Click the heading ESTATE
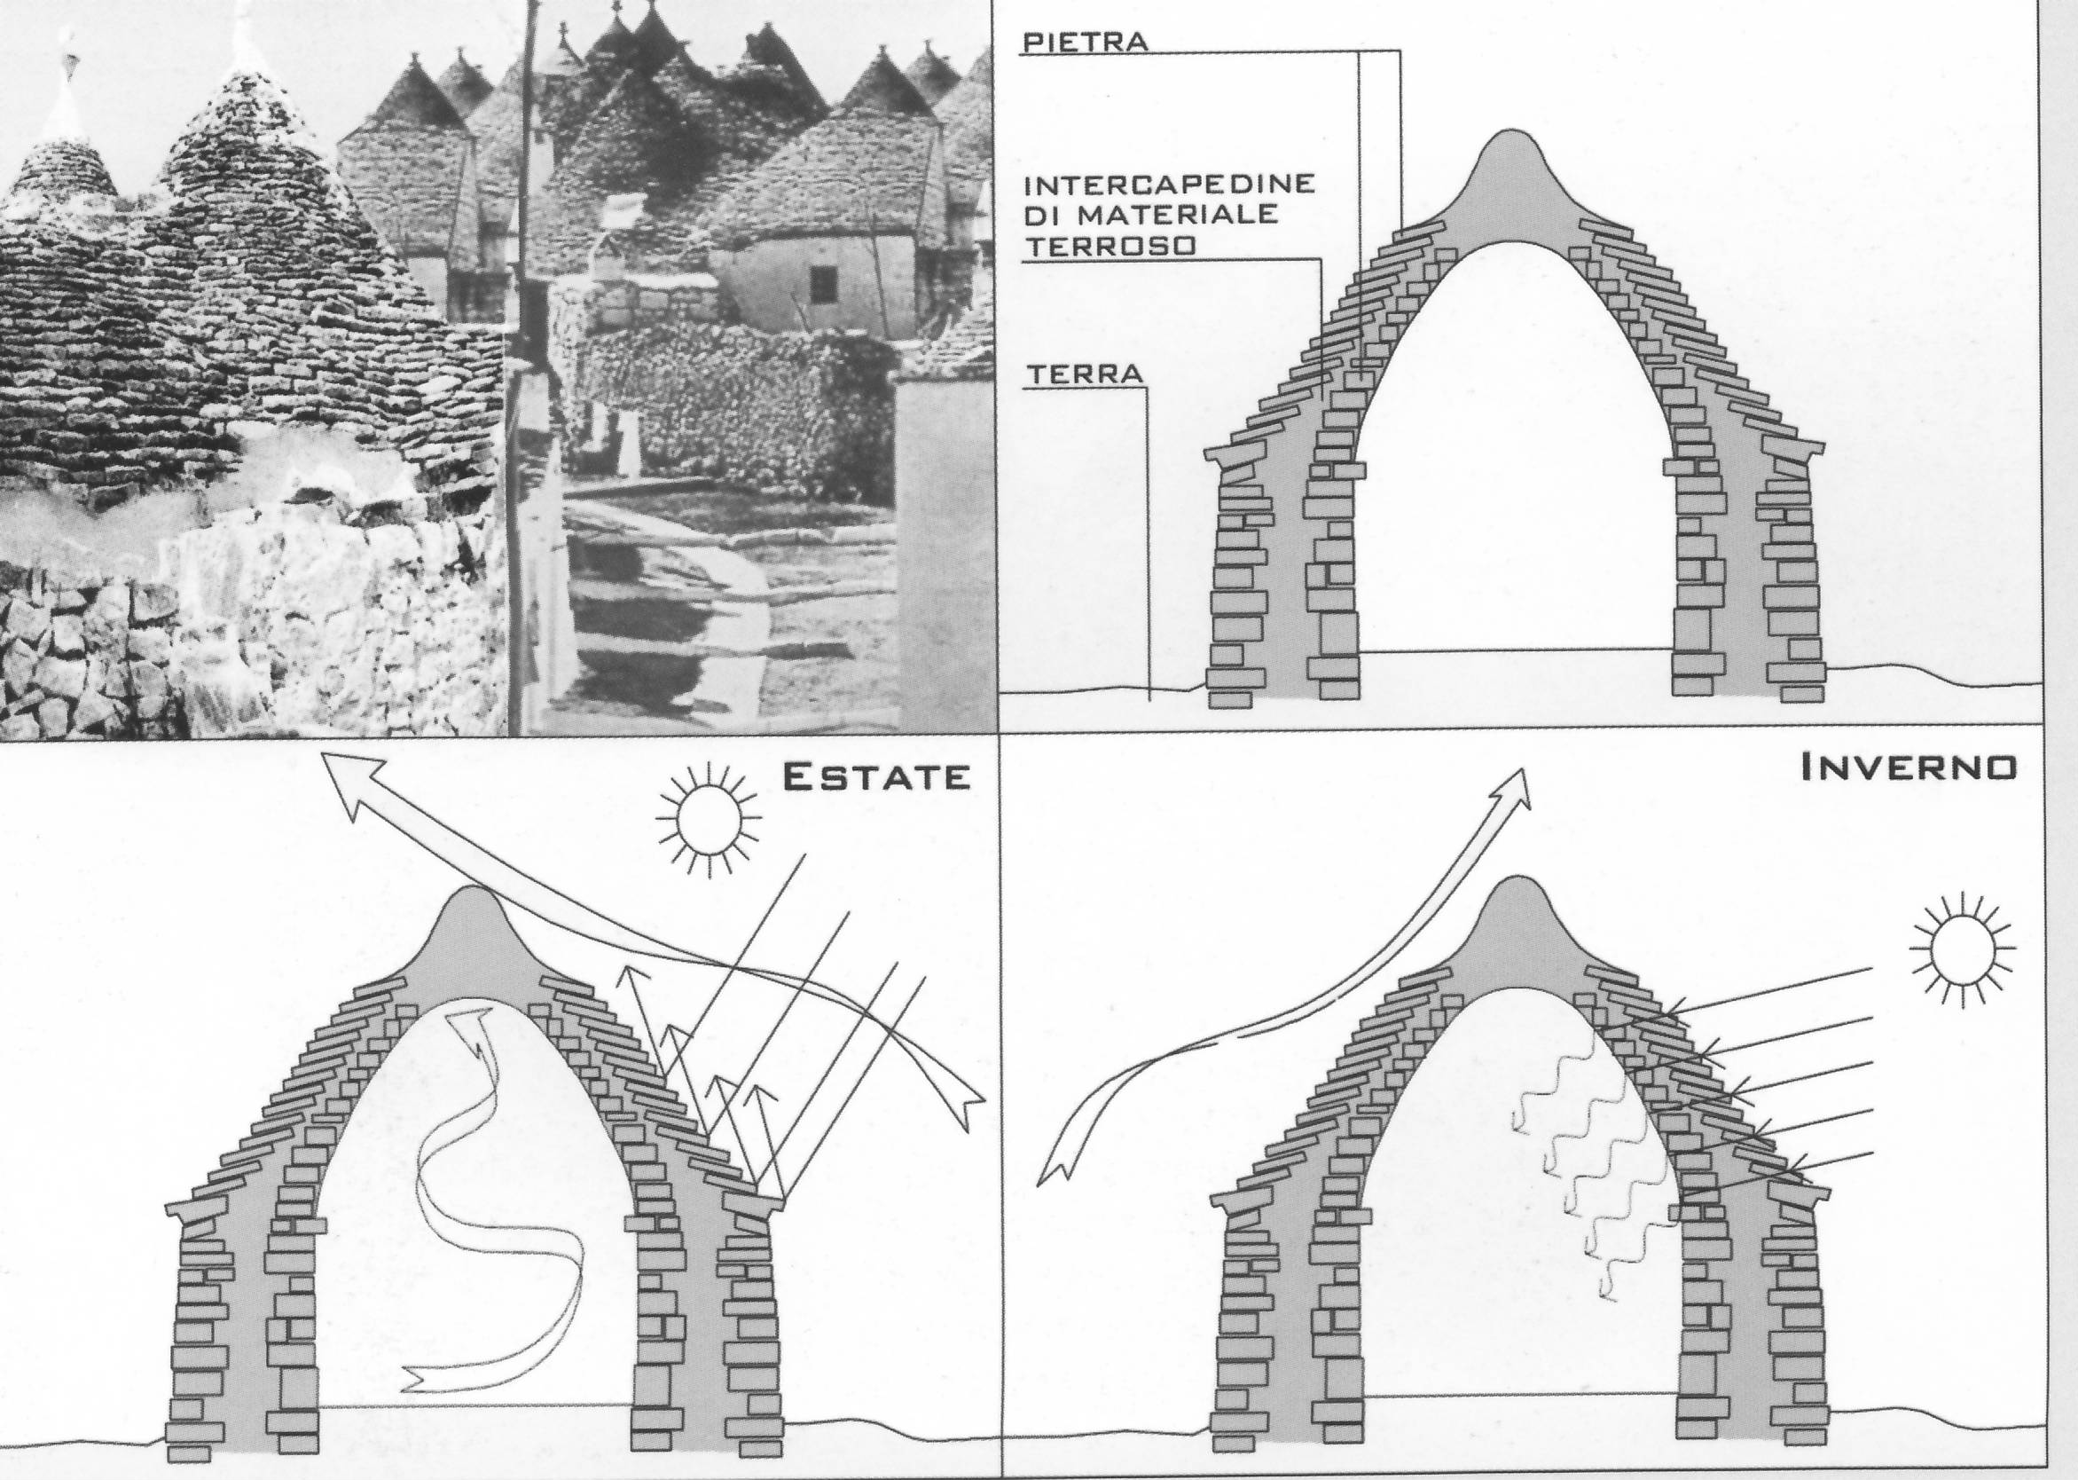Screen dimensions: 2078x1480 point(875,776)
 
